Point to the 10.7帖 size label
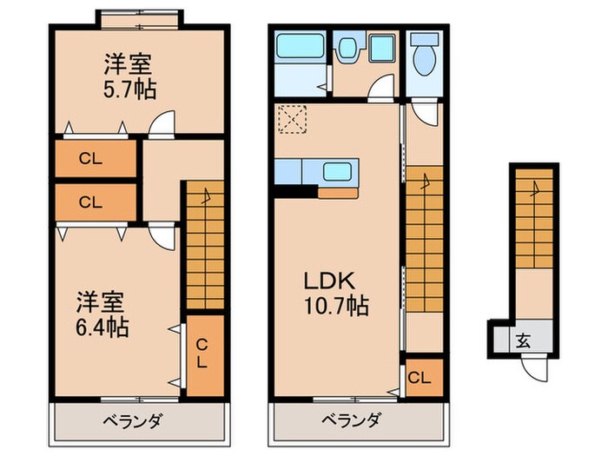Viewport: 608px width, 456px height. pyautogui.click(x=336, y=306)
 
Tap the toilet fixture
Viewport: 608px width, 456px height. pyautogui.click(x=425, y=57)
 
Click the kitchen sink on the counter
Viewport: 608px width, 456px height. pyautogui.click(x=339, y=171)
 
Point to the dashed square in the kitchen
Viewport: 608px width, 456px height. pyautogui.click(x=289, y=118)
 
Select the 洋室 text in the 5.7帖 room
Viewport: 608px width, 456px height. pyautogui.click(x=129, y=63)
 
